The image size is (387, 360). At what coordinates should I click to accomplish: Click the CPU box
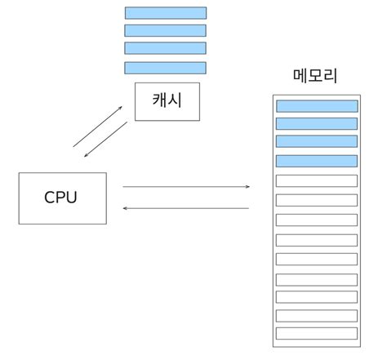pos(62,198)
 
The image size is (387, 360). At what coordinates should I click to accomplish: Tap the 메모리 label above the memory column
pos(315,76)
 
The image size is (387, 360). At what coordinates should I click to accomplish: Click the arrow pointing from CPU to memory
pos(185,187)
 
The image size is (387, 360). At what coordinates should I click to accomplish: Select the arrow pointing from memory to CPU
pos(185,208)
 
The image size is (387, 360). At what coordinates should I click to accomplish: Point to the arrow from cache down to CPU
pos(105,140)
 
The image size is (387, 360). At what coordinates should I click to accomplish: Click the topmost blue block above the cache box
pos(165,13)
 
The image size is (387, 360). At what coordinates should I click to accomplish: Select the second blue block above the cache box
pos(165,31)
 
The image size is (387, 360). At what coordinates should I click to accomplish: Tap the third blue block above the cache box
pos(165,48)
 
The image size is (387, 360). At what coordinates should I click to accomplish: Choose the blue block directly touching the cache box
pos(165,68)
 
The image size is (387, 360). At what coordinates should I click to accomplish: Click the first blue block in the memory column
pos(317,106)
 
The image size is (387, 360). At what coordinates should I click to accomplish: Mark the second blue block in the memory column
pos(317,124)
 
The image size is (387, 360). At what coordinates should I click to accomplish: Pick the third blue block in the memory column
pos(317,142)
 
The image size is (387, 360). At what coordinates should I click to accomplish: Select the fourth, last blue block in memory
pos(317,161)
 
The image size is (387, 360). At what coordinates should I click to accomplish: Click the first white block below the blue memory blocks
pos(317,180)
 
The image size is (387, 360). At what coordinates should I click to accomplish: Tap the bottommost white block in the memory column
pos(317,333)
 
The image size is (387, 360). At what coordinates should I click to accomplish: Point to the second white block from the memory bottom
pos(317,315)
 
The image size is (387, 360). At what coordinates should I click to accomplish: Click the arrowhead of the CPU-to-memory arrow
pos(247,187)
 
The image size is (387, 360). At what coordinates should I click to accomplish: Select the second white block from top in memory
pos(317,200)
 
